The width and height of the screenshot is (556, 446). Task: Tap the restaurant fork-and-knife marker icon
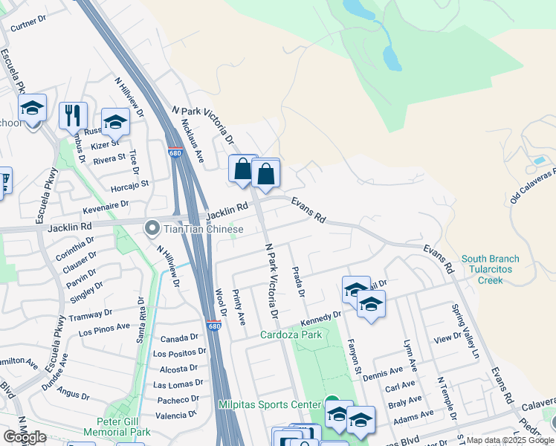point(73,115)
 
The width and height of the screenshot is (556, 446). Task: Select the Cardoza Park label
point(291,334)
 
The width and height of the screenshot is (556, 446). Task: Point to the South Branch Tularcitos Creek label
point(490,269)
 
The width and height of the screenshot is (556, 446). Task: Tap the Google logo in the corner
point(25,437)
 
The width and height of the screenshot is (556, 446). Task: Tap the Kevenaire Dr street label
point(106,203)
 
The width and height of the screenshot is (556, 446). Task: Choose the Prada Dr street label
point(298,282)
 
